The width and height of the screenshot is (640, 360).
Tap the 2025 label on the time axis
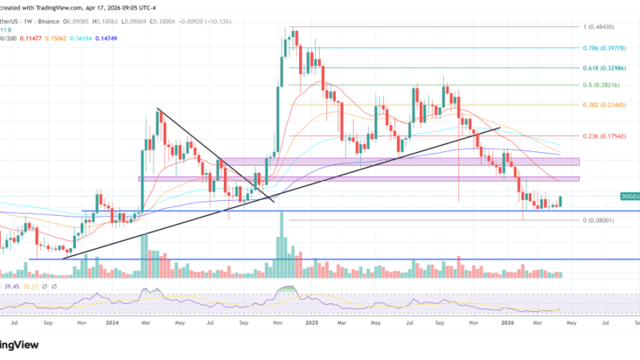click(x=311, y=325)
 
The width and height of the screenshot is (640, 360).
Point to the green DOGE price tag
click(x=630, y=196)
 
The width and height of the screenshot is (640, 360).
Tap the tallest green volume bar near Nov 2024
click(x=280, y=248)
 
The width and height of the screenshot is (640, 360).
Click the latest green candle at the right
click(x=561, y=202)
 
